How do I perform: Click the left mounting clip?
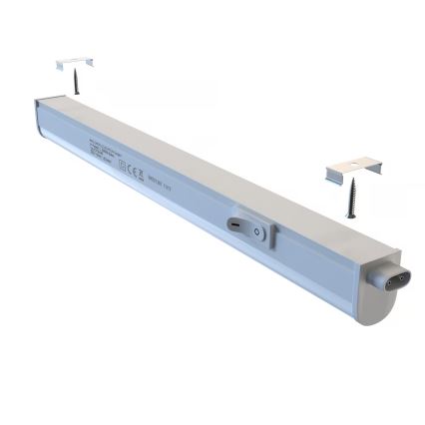[x=75, y=63]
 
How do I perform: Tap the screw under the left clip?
[x=76, y=80]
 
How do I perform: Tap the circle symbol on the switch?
[x=257, y=231]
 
